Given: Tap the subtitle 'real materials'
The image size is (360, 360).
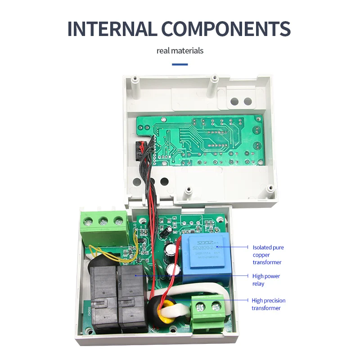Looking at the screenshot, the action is pos(180,50).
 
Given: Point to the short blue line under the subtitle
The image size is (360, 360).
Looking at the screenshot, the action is pos(180,64).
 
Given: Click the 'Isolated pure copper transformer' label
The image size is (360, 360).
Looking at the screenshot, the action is pos(268,255).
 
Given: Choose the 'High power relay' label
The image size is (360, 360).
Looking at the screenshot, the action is pos(266,280).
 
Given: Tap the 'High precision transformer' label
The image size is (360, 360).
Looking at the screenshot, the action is pos(268,304).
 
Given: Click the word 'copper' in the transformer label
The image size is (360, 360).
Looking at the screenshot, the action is pos(261,255).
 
